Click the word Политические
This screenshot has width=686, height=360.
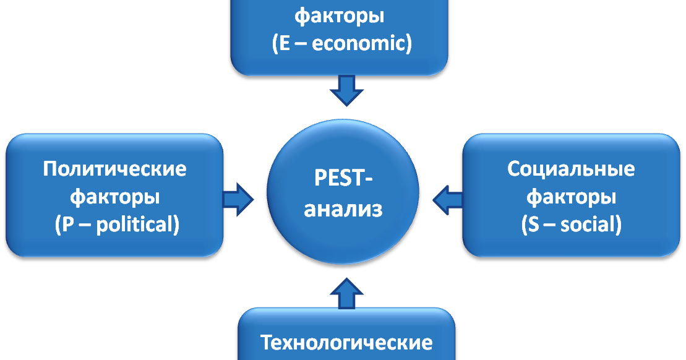114,169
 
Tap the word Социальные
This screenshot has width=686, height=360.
571,169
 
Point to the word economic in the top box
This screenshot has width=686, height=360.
359,44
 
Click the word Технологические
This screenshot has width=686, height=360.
346,343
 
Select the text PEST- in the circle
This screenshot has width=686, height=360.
343,178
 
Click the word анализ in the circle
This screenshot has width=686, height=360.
343,209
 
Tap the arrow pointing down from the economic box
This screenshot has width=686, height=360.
346,90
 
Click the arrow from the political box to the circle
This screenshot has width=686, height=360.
238,199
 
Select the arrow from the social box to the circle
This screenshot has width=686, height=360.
448,200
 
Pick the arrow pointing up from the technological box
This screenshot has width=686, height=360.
346,293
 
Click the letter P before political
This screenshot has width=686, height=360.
67,225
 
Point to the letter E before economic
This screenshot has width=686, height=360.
285,44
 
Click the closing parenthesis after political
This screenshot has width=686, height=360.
177,225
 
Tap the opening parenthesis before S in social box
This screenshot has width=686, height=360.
524,225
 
